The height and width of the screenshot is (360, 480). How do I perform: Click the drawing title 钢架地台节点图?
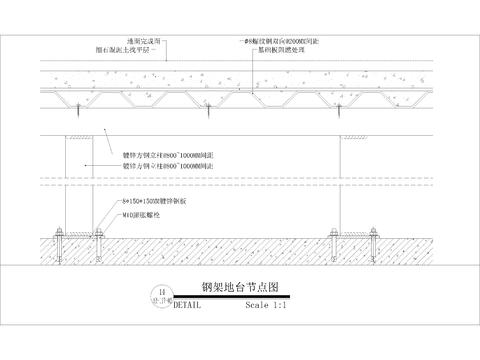239,286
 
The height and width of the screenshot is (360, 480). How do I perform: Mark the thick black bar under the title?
240,295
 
